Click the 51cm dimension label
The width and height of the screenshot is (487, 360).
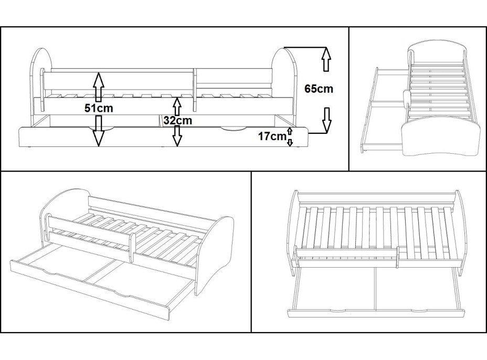click(x=99, y=109)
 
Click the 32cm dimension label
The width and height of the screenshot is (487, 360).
click(x=177, y=120)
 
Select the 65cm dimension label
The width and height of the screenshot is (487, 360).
click(x=319, y=89)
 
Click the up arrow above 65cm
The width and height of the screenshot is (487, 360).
click(x=326, y=59)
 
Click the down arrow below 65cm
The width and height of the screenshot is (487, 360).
click(x=326, y=120)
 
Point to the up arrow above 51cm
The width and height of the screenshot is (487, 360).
click(x=98, y=85)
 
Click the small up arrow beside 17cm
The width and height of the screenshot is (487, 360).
click(x=290, y=130)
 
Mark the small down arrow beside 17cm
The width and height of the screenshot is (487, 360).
click(x=290, y=142)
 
